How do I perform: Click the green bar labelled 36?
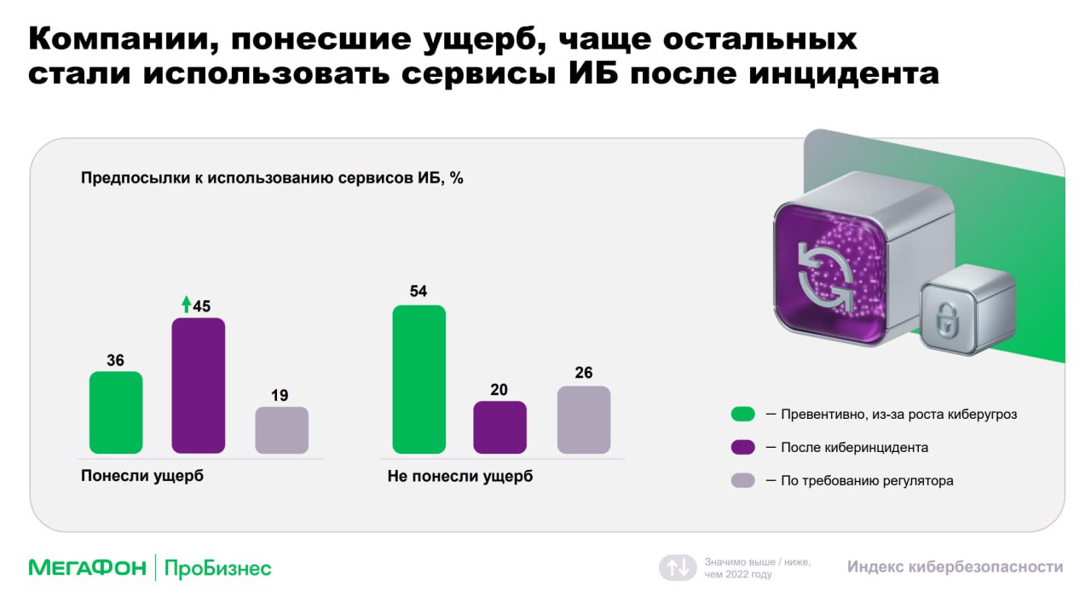(x=116, y=412)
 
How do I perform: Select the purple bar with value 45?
(x=199, y=386)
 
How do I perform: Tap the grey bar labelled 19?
(x=281, y=430)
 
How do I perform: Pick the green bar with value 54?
(x=419, y=379)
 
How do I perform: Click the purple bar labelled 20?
(x=499, y=427)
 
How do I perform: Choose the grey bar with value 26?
(x=584, y=420)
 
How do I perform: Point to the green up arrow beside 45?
(x=186, y=304)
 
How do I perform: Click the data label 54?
(x=419, y=292)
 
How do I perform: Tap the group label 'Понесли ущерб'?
(x=142, y=476)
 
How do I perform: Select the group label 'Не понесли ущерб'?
(x=460, y=476)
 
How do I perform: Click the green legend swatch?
(x=742, y=415)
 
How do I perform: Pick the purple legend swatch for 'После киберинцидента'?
(x=742, y=447)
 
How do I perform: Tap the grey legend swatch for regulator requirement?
(x=742, y=480)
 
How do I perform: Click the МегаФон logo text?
(x=88, y=567)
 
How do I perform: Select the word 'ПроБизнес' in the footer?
(x=217, y=569)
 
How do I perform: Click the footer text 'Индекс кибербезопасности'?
(x=955, y=566)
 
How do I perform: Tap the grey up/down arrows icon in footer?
(x=678, y=567)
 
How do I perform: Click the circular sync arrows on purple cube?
(x=826, y=276)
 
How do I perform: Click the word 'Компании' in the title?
(x=119, y=38)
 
